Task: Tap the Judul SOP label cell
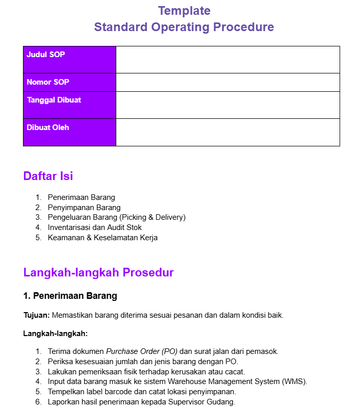[x=69, y=60]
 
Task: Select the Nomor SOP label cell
[x=69, y=82]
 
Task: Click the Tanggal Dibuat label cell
[x=69, y=105]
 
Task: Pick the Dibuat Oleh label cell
[x=69, y=132]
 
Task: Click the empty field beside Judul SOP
[x=227, y=60]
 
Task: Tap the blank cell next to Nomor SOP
[x=227, y=82]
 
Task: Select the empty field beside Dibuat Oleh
[x=227, y=132]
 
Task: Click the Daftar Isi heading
[x=48, y=176]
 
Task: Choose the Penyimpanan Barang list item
[x=84, y=208]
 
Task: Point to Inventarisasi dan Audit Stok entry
[x=95, y=227]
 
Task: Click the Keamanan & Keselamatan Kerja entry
[x=102, y=238]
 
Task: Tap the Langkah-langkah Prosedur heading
[x=98, y=272]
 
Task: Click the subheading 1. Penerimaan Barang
[x=70, y=296]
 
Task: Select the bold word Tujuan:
[x=36, y=315]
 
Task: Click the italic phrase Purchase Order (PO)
[x=141, y=351]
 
